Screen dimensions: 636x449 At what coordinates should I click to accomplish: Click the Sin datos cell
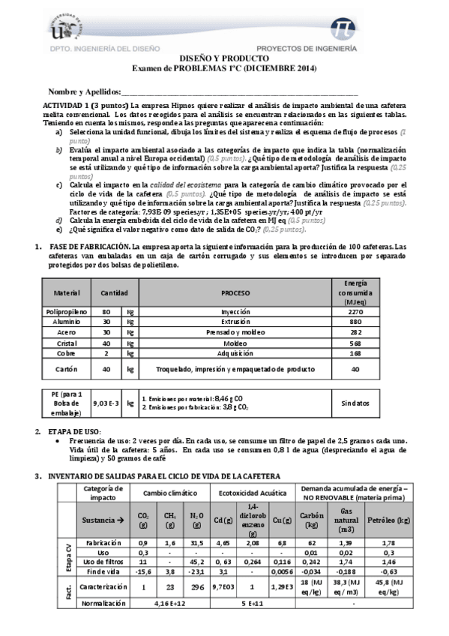pyautogui.click(x=355, y=403)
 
